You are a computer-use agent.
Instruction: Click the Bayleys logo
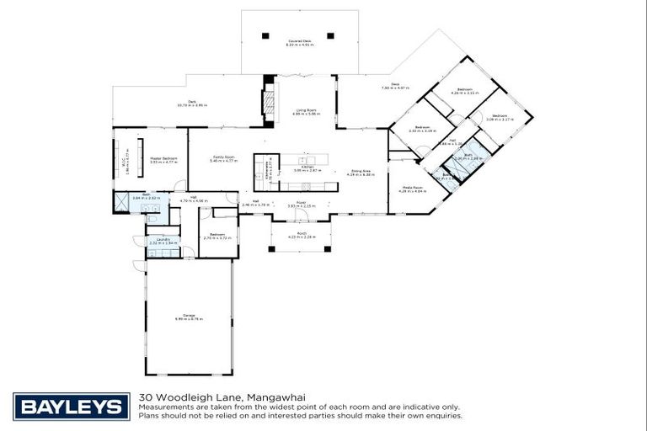point(72,407)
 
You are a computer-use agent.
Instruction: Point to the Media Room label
point(412,189)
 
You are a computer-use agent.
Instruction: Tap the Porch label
point(301,235)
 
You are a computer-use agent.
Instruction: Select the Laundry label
point(163,241)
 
